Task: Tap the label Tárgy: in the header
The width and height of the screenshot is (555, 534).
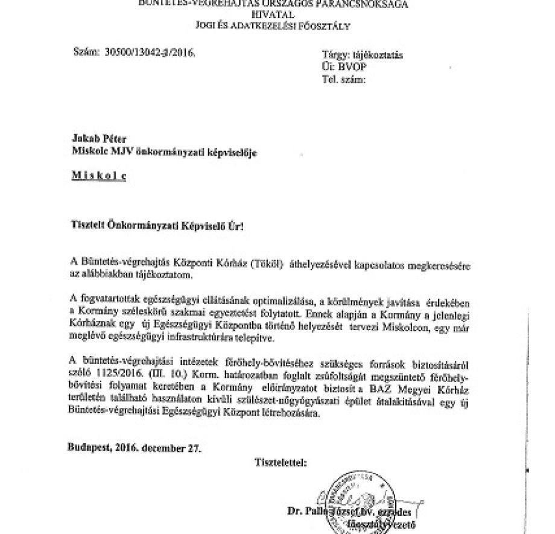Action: coord(337,55)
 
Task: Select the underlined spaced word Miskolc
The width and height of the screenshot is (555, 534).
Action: coord(99,175)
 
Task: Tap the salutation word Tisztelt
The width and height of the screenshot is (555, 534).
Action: coord(90,226)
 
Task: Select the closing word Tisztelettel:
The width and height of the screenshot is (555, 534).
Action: coord(281,463)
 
